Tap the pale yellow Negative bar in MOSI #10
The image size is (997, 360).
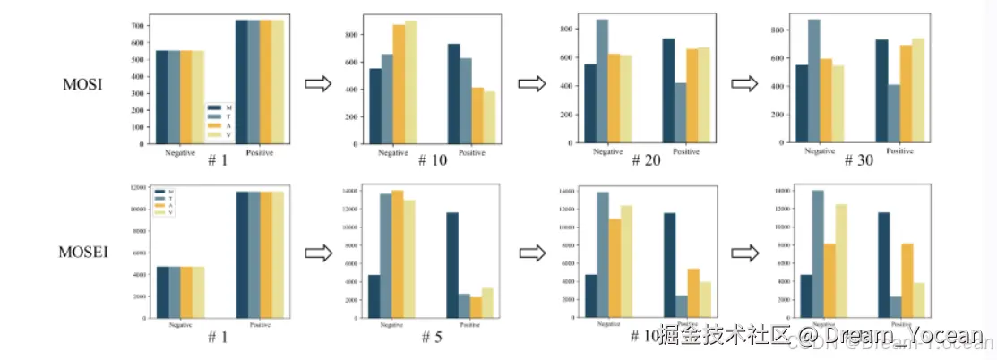point(411,82)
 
